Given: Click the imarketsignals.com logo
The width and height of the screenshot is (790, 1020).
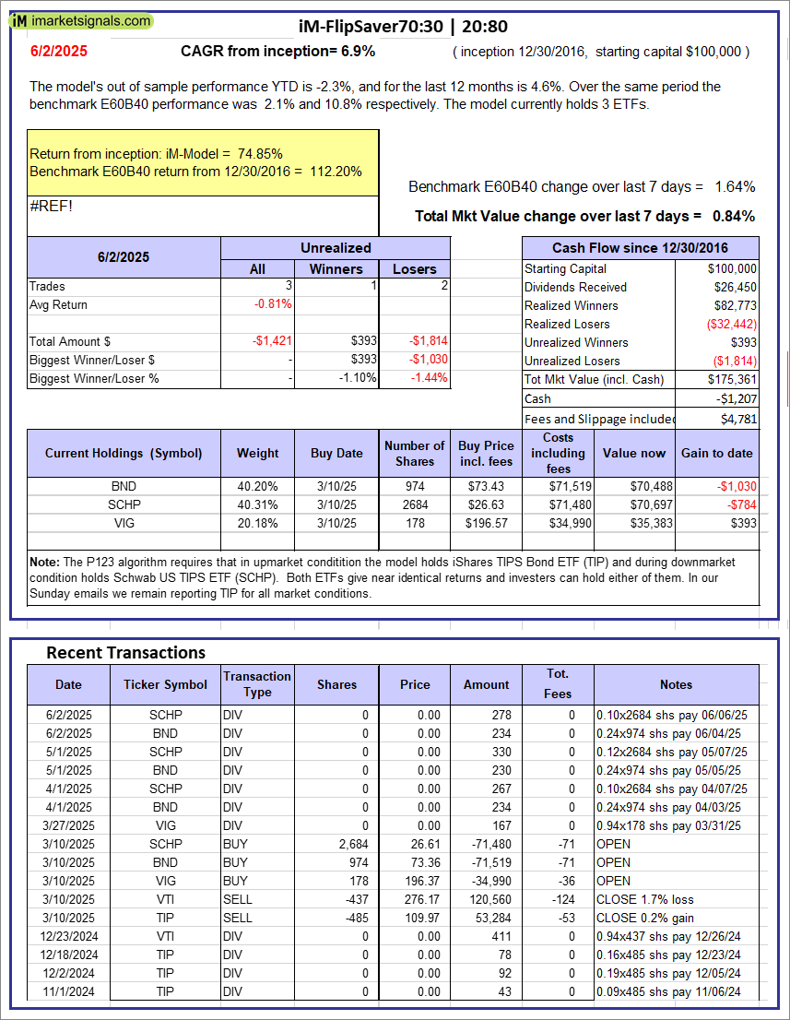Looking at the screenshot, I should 77,20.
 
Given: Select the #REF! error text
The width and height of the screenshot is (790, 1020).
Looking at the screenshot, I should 52,206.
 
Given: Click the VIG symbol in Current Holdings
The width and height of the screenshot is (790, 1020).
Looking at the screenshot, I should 124,523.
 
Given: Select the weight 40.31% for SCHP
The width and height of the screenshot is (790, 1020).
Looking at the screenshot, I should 257,504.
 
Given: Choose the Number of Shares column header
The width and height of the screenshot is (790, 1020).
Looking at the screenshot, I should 414,453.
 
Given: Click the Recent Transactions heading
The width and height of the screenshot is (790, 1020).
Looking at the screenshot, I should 125,652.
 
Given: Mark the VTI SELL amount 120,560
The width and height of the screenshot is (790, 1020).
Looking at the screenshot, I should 487,899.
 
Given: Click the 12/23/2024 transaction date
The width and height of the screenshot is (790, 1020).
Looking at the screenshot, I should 67,936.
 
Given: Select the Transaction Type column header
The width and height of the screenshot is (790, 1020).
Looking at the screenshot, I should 257,684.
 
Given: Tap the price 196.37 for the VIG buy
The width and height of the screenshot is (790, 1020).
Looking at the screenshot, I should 414,881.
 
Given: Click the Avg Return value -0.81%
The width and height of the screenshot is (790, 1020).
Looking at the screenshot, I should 273,304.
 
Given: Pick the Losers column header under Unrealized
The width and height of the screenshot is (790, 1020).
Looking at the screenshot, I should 414,268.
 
